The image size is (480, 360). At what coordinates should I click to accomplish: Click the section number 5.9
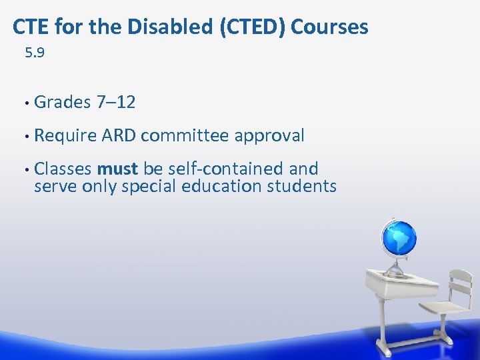[x=35, y=53]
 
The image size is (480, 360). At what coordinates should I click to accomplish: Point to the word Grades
[x=63, y=102]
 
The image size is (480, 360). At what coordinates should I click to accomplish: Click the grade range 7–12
[x=116, y=102]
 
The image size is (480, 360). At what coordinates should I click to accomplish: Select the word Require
[x=65, y=136]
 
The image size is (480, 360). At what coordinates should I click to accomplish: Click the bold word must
[x=117, y=169]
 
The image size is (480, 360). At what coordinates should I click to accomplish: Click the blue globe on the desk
[x=398, y=237]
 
